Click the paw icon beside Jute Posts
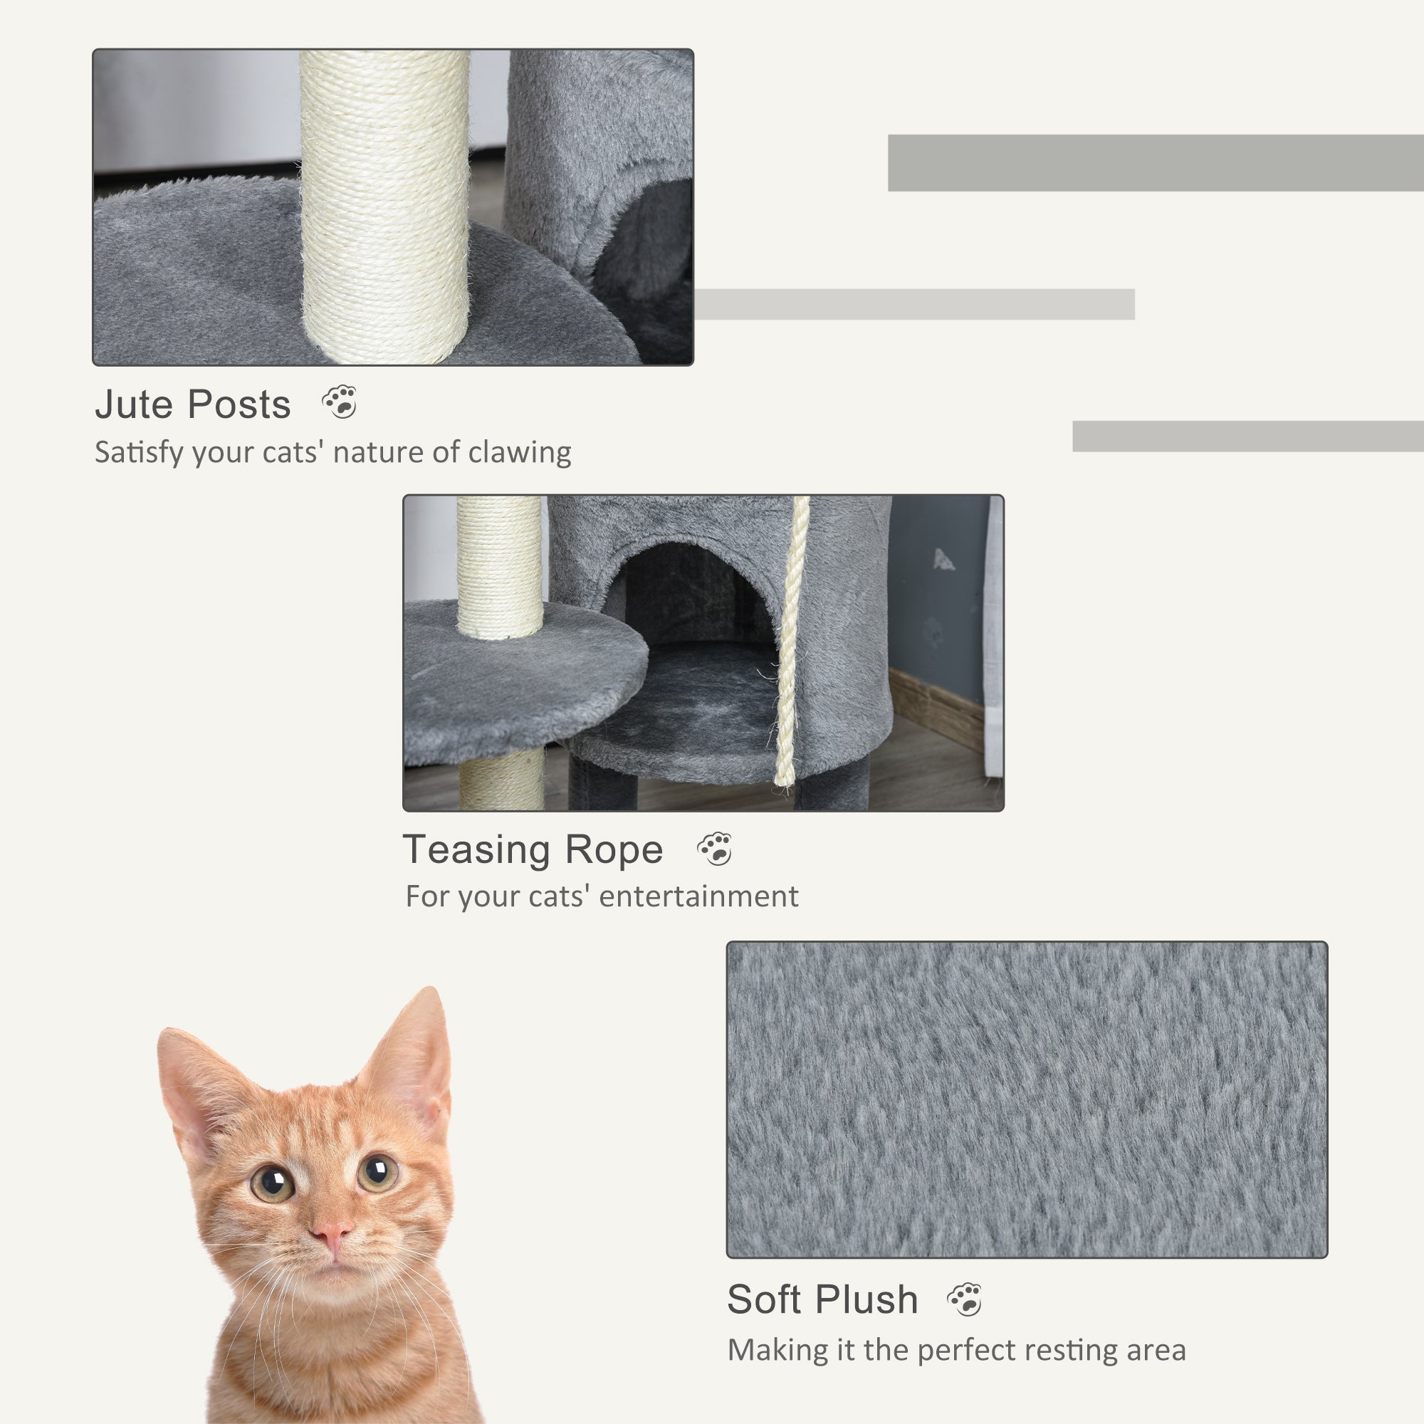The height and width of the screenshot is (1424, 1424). [340, 402]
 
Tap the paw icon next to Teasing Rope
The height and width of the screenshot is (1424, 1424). [714, 849]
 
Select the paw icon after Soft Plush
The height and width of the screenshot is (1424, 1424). [964, 1299]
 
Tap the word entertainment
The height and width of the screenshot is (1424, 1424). [698, 897]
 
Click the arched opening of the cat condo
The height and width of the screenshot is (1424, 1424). [693, 597]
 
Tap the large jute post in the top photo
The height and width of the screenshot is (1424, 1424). [384, 206]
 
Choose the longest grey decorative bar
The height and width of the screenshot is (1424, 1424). [1154, 163]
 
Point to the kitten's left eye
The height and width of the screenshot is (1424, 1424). [273, 1183]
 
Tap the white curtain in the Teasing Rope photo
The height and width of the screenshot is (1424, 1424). [994, 634]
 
